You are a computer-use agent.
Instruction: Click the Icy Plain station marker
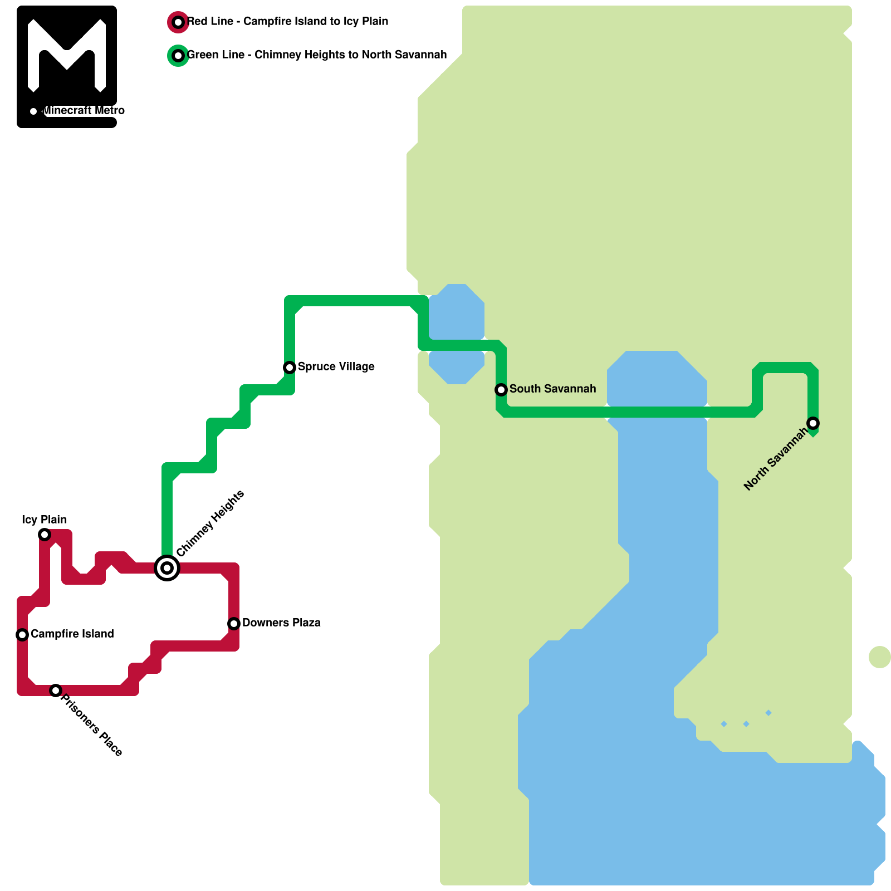[45, 535]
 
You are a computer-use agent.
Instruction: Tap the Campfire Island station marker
[22, 635]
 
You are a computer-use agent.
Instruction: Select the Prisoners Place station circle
[55, 691]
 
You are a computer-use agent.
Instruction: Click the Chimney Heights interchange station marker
[167, 568]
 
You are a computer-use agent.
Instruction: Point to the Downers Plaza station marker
[234, 624]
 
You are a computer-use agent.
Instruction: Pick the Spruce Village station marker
[290, 368]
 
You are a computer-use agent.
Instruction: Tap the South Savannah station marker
[501, 390]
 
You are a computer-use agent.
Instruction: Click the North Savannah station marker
[813, 423]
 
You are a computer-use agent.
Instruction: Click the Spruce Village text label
[336, 366]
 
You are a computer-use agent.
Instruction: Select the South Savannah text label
[552, 389]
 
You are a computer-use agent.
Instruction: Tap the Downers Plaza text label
[281, 623]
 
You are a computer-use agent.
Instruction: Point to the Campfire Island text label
[72, 634]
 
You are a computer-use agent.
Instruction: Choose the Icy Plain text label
[45, 520]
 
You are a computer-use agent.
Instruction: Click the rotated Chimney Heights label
[210, 523]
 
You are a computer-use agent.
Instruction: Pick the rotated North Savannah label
[776, 459]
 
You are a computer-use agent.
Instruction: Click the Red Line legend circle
[178, 22]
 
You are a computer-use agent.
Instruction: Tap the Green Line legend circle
[178, 56]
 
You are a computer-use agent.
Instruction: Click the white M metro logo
[67, 56]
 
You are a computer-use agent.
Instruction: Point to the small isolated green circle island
[880, 657]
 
